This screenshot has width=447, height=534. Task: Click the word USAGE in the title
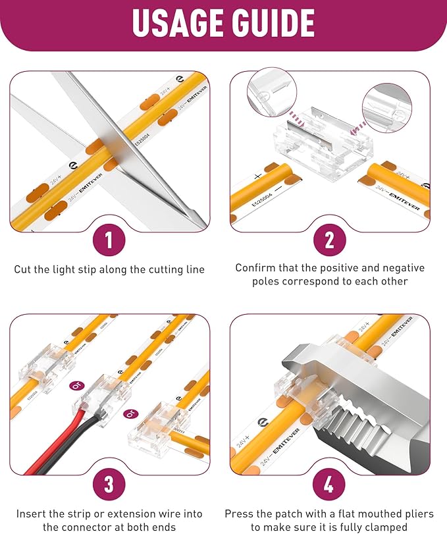tap(178, 22)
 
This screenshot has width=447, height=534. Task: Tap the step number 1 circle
tap(109, 240)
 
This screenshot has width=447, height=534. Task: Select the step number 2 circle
tap(329, 240)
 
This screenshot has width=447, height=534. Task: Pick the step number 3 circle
tap(109, 483)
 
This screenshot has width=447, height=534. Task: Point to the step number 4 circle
tap(329, 483)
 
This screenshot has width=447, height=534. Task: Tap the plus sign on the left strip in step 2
tap(257, 176)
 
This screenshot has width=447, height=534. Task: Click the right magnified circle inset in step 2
tap(387, 108)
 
